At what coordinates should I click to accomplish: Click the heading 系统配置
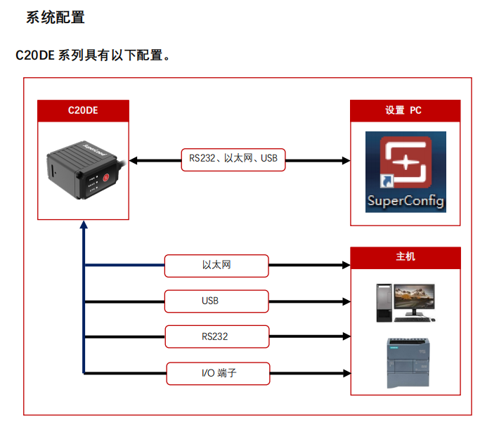click(56, 18)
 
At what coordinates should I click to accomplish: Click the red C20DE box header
click(83, 110)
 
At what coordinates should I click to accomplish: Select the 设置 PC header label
click(404, 110)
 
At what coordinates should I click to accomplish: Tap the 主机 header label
click(406, 257)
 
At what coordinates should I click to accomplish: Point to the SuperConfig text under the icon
click(406, 202)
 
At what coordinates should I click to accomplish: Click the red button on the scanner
click(105, 177)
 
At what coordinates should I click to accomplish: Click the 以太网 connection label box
click(216, 266)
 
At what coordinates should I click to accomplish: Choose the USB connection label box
click(216, 301)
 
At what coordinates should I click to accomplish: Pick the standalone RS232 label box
click(216, 337)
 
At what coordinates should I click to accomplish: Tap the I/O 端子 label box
click(218, 372)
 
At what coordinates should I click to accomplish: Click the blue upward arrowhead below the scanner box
click(84, 226)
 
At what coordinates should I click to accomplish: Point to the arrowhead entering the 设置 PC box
click(345, 160)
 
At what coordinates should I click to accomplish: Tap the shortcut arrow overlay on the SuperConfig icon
click(386, 182)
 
